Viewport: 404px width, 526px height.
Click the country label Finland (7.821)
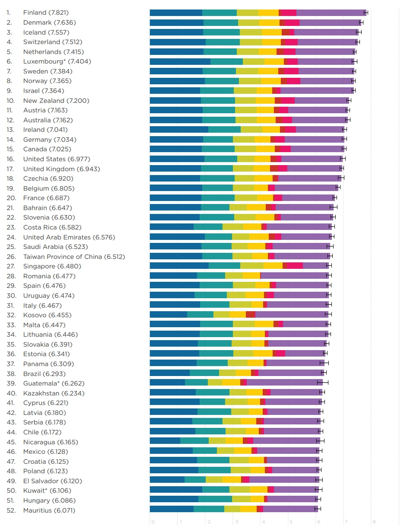click(46, 13)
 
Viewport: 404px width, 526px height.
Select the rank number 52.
click(11, 510)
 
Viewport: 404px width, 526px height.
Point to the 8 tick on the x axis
click(374, 522)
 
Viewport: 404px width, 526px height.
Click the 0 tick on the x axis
click(153, 522)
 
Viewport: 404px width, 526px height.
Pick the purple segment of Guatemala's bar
click(284, 383)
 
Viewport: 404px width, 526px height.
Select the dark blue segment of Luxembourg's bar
click(180, 61)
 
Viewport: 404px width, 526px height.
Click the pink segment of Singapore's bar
click(295, 266)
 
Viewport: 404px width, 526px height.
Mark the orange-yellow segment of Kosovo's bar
click(238, 315)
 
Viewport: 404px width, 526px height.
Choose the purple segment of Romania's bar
click(294, 276)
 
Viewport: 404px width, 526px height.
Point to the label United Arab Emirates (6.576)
click(69, 237)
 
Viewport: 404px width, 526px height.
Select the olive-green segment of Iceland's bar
click(251, 32)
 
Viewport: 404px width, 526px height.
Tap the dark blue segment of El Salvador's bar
click(167, 481)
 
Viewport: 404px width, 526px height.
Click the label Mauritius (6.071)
click(49, 510)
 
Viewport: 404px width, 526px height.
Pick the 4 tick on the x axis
click(263, 522)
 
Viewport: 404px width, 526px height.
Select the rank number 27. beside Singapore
click(11, 266)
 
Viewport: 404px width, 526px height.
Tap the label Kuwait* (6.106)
click(47, 490)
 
